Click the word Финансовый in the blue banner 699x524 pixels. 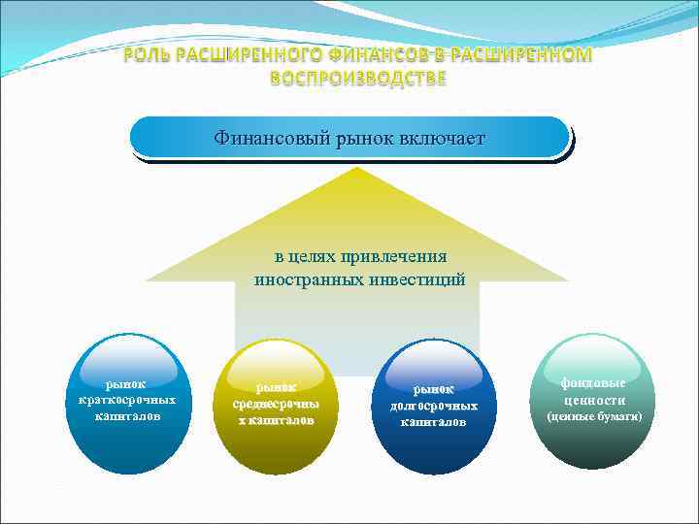click(268, 139)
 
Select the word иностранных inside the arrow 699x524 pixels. click(309, 279)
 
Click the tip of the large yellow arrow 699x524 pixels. click(358, 170)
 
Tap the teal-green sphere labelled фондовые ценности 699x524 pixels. click(594, 401)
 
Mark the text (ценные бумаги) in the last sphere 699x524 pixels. click(595, 416)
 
